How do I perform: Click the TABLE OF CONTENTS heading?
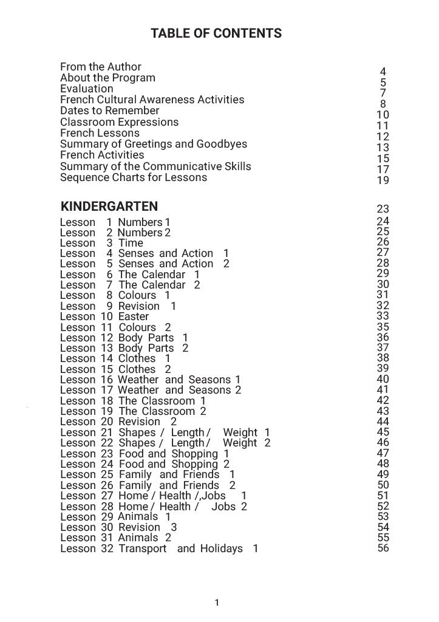tap(216, 33)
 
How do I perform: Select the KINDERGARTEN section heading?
tap(109, 206)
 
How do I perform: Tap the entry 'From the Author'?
tap(101, 67)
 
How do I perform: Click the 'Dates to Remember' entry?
tap(110, 111)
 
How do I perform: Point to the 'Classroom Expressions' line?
tap(120, 122)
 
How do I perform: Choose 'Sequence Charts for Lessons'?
tap(134, 177)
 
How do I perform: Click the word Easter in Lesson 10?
tap(134, 316)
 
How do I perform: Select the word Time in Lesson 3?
tap(131, 243)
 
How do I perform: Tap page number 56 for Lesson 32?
tap(383, 548)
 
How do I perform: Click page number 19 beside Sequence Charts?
tap(383, 180)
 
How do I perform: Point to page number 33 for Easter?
tap(383, 316)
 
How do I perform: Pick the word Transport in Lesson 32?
tap(142, 549)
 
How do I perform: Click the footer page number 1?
tap(217, 603)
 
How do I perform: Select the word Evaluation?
tap(87, 89)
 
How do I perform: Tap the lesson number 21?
tap(107, 432)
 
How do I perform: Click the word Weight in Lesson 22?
tap(240, 443)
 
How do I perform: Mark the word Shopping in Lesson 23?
tap(194, 454)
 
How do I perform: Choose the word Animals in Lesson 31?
tap(138, 538)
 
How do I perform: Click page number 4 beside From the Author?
tap(383, 72)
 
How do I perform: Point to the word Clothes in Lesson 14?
tap(137, 358)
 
